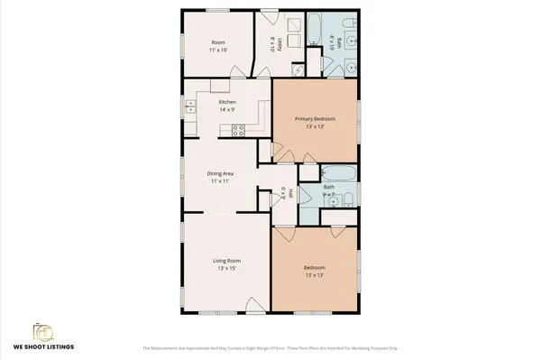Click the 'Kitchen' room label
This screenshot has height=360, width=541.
[227, 102]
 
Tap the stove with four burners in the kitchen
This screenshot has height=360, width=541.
[239, 130]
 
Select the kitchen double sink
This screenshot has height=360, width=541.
[190, 109]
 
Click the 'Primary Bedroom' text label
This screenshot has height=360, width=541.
[315, 119]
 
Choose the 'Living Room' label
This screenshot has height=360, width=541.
[225, 261]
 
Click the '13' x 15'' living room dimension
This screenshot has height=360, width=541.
[225, 269]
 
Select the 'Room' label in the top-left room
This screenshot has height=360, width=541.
[217, 42]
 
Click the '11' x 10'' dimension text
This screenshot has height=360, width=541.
[217, 51]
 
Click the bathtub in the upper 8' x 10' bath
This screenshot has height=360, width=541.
[316, 32]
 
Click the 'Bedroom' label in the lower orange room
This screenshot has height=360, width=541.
[315, 268]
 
